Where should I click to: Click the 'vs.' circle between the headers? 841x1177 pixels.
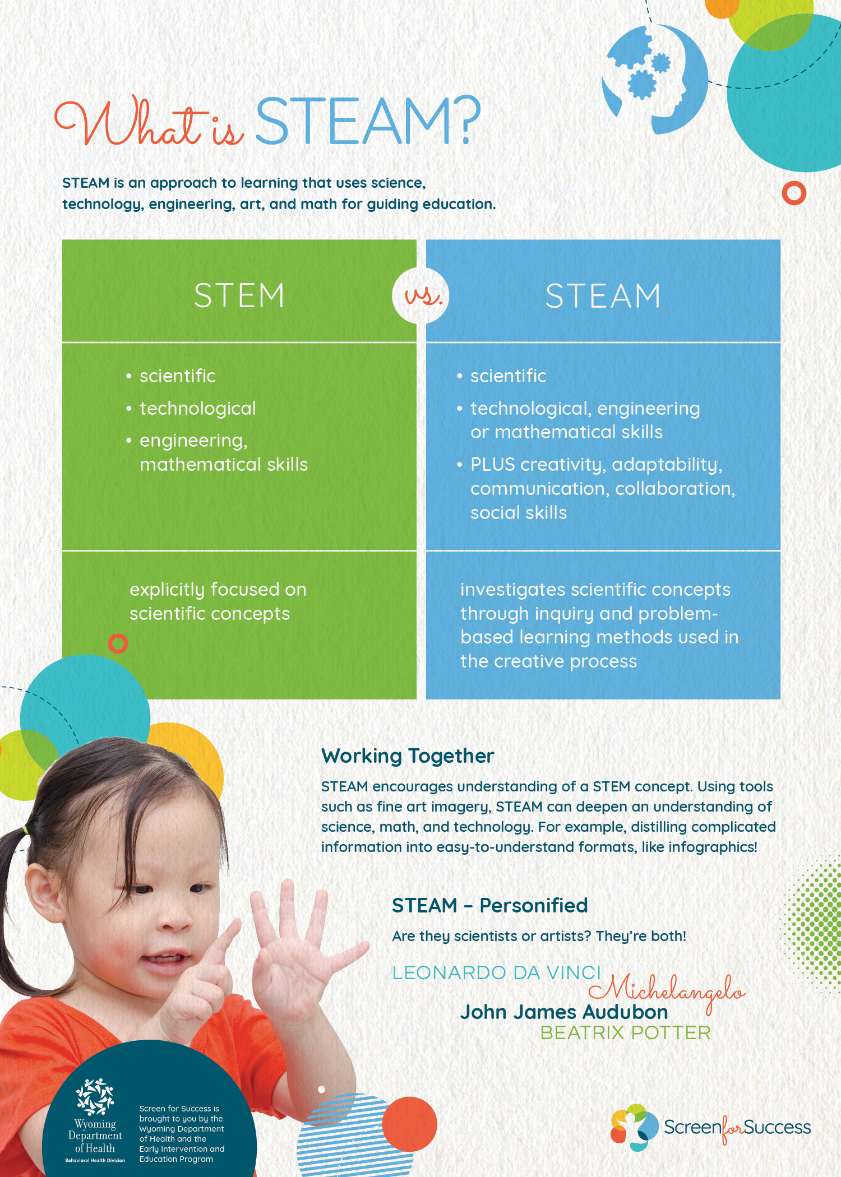(421, 296)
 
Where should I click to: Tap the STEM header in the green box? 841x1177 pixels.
(239, 295)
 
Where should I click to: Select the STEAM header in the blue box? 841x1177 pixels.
(603, 296)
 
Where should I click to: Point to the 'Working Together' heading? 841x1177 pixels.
(408, 756)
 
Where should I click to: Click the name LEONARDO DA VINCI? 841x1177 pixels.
(496, 973)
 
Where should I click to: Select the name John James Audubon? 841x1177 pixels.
(564, 1012)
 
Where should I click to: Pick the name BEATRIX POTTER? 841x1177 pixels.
(625, 1033)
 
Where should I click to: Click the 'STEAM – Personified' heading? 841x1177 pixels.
(489, 906)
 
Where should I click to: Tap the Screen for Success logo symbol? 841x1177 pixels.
(634, 1127)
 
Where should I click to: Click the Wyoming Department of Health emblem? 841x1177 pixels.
(95, 1096)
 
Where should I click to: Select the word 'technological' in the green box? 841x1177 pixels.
(197, 409)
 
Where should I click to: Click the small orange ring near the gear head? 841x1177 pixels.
(794, 193)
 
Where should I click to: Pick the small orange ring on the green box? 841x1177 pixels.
(118, 643)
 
